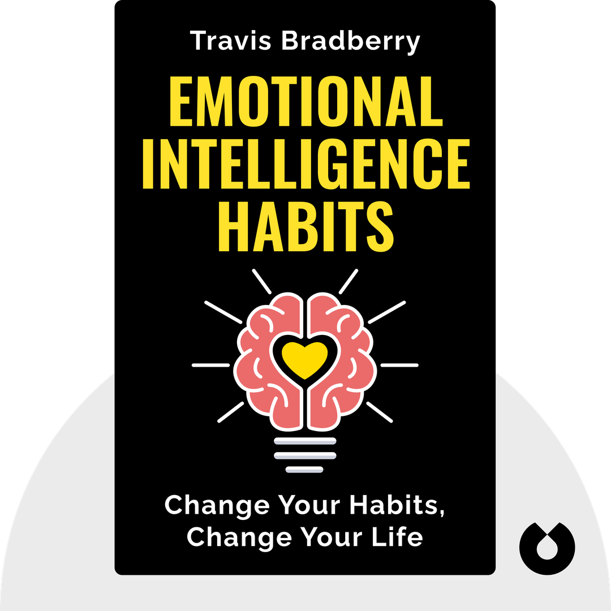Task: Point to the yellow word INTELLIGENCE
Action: (305, 167)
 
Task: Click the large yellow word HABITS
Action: (305, 228)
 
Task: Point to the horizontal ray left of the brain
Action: (210, 365)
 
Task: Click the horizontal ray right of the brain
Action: (399, 365)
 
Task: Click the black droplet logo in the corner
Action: (547, 548)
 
